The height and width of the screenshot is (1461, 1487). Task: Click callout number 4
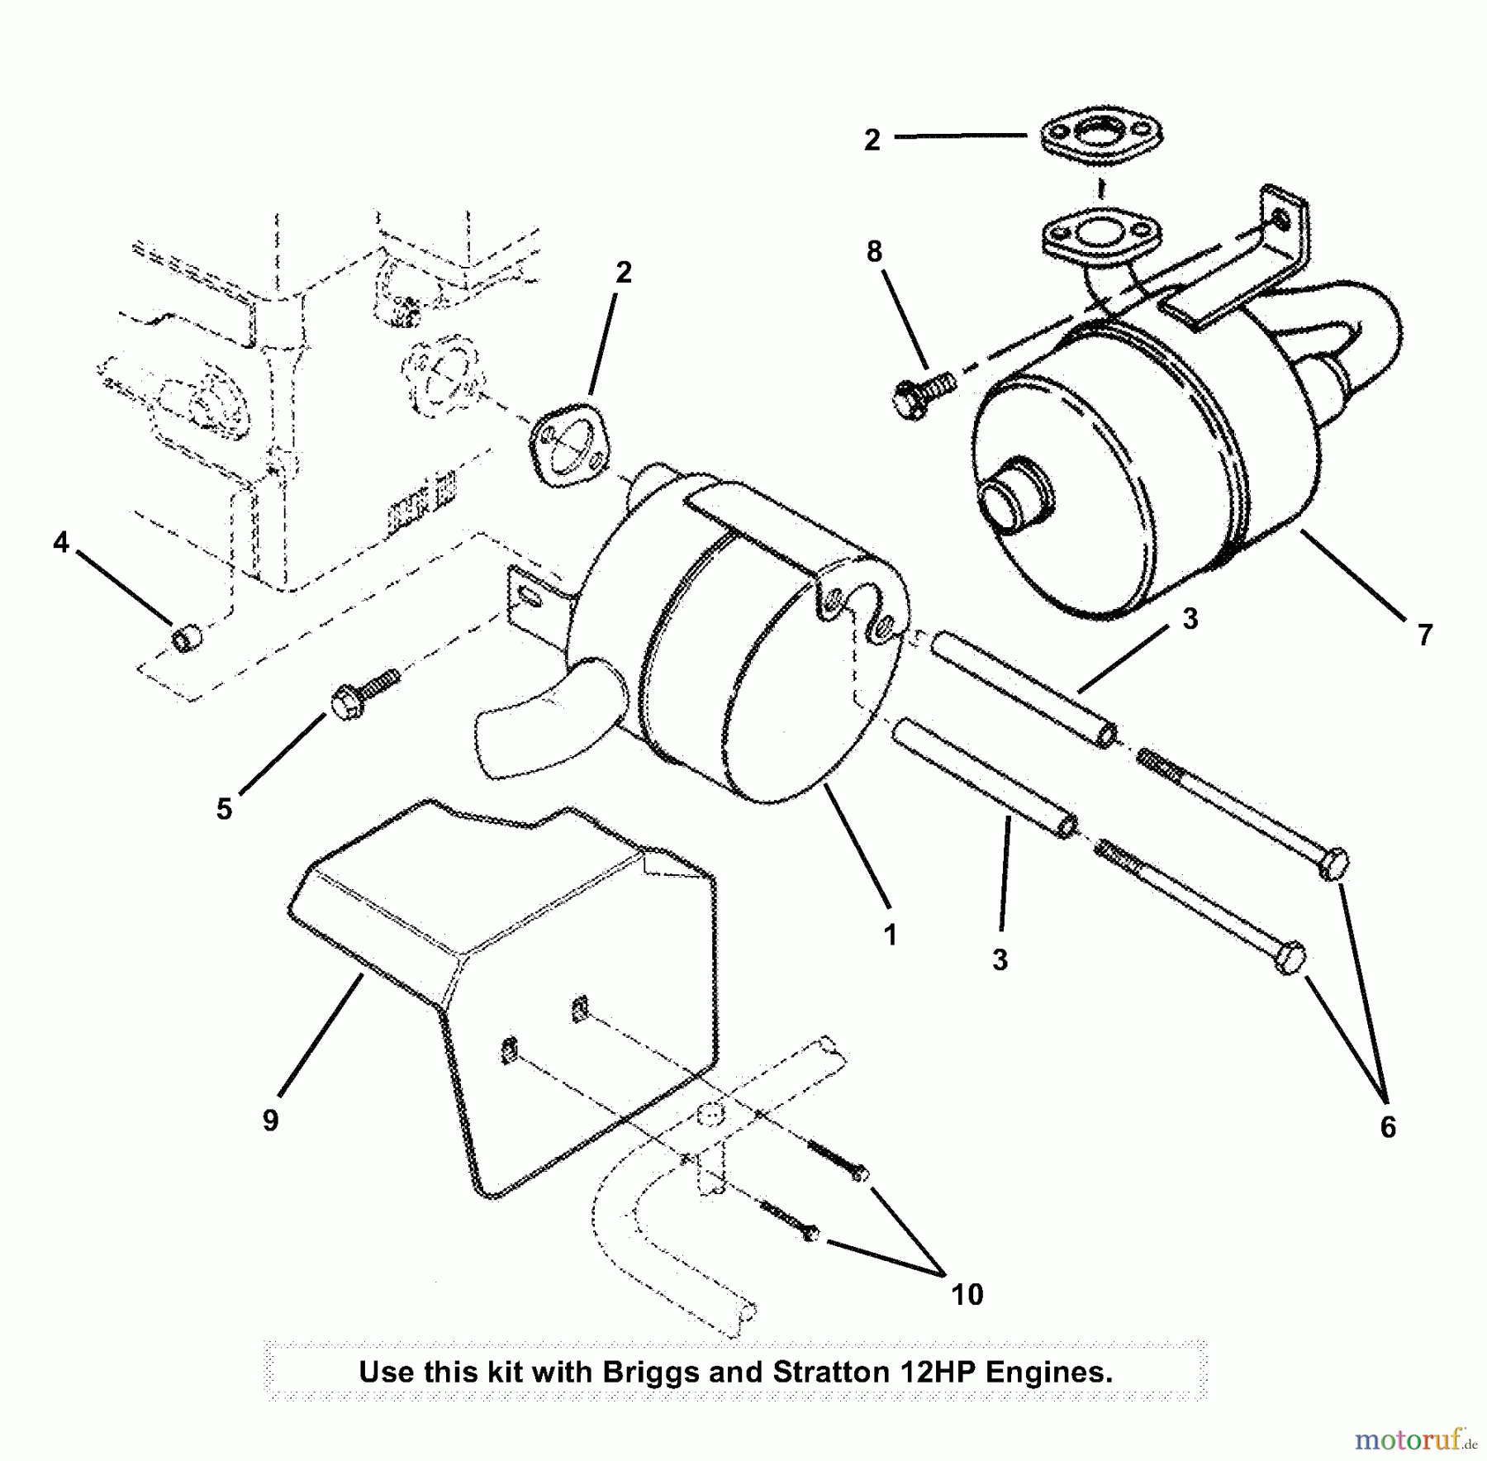[x=60, y=543]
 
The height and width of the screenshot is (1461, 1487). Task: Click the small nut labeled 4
[x=188, y=639]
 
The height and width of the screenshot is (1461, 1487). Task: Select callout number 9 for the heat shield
[x=270, y=1121]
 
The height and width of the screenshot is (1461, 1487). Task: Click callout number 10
[x=967, y=1294]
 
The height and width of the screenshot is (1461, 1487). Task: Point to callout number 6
[x=1388, y=1127]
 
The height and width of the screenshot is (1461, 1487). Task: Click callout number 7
[x=1424, y=635]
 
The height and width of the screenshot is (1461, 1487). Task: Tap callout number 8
[x=874, y=251]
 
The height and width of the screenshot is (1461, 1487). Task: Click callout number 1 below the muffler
[x=890, y=935]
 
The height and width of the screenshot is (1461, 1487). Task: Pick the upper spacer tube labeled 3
[x=1024, y=687]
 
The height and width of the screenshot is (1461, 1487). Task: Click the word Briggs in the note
[x=651, y=1373]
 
